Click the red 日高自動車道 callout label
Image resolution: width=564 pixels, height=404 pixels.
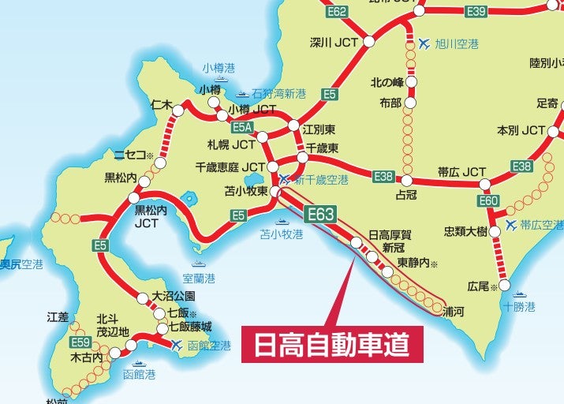pos(332,344)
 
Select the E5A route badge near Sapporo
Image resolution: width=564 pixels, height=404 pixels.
pos(241,127)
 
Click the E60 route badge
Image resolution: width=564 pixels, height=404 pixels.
pos(489,201)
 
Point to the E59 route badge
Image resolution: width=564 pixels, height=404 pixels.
pos(80,342)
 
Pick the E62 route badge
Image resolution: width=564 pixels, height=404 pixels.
pos(337,11)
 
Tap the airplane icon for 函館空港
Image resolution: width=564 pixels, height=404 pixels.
pos(177,345)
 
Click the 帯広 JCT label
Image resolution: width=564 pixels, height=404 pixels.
pos(463,171)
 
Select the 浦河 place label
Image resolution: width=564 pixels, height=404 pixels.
pos(454,312)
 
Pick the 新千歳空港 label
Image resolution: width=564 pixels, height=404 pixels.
pos(321,180)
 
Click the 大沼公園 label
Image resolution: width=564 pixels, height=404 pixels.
pos(172,296)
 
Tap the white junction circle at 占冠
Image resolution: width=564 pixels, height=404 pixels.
pos(406,180)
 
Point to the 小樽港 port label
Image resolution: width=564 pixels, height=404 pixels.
pos(219,67)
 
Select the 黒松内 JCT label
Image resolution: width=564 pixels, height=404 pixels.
pos(151,217)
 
